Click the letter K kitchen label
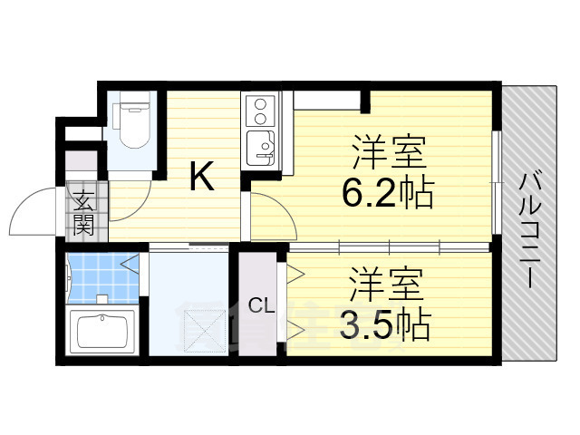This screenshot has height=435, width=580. point(202,176)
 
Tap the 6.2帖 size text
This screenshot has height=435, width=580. point(387,192)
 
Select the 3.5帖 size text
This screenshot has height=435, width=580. point(384,324)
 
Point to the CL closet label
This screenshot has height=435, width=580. point(262,305)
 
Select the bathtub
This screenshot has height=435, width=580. point(102,330)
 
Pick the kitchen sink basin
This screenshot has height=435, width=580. point(261,149)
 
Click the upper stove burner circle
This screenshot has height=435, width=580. point(260,104)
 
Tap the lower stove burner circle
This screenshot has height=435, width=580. point(260,119)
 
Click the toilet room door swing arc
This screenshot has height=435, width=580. point(138,209)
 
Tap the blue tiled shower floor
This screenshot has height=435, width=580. point(102,277)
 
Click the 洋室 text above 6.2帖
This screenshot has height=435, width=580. point(389,152)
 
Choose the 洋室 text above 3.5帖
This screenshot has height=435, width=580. point(386,284)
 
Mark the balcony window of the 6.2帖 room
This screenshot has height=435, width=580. point(497,182)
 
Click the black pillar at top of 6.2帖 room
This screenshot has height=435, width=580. point(365,101)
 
